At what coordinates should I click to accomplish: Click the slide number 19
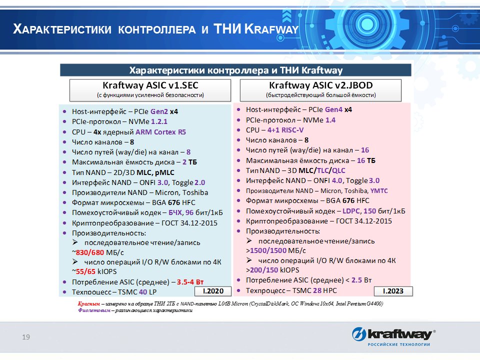(26, 337)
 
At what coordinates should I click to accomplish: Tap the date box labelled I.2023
(393, 291)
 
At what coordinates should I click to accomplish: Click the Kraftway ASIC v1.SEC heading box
(150, 89)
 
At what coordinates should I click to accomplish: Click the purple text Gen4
(333, 109)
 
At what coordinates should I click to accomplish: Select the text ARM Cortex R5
(160, 132)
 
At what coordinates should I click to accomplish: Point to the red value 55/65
(84, 271)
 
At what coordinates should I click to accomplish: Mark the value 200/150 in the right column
(263, 270)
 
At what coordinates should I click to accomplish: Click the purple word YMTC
(379, 191)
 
